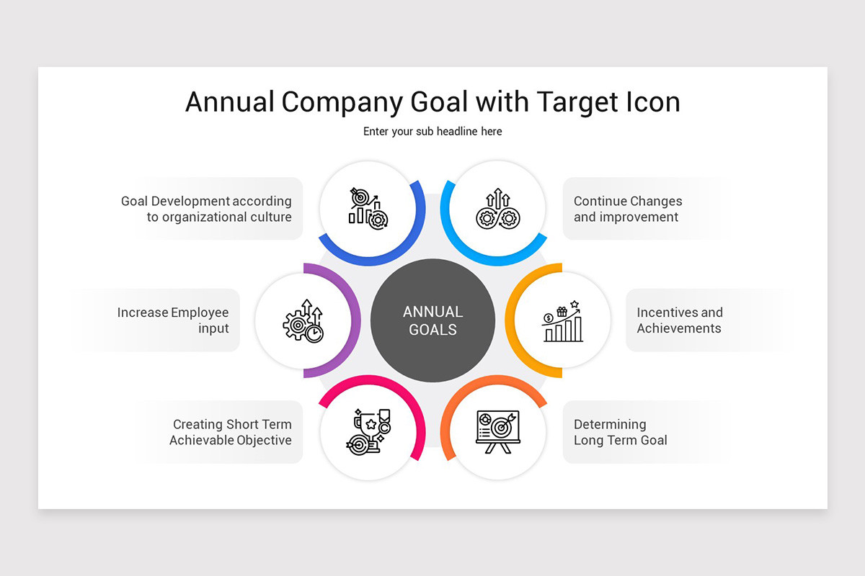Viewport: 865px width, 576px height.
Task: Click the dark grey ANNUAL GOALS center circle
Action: click(432, 320)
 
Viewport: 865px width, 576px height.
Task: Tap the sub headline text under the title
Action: click(432, 131)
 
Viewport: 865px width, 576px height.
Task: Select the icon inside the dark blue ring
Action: click(368, 209)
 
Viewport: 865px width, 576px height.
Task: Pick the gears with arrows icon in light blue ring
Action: click(497, 209)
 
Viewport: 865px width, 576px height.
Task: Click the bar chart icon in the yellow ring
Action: click(562, 321)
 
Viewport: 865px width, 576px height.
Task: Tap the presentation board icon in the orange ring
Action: click(497, 431)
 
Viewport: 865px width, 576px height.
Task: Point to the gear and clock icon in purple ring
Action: click(303, 321)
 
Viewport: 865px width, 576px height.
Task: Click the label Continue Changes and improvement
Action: click(627, 209)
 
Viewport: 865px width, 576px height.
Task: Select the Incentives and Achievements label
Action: click(679, 320)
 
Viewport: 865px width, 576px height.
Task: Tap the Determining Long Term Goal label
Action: click(620, 432)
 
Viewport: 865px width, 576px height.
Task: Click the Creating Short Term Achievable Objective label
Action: click(231, 432)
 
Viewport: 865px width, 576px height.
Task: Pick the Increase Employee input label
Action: click(173, 320)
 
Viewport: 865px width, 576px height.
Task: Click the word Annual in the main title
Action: click(229, 102)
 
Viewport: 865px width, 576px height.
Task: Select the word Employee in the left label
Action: click(200, 312)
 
